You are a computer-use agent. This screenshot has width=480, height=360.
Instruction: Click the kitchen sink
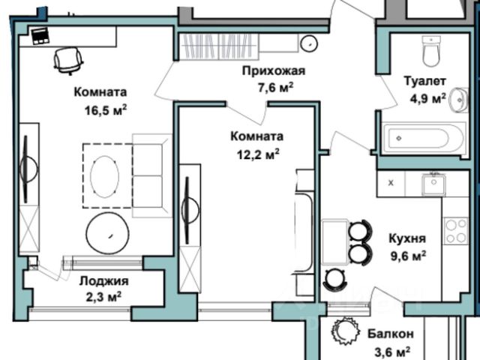coord(433,182)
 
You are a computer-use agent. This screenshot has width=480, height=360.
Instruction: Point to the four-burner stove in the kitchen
coord(455,230)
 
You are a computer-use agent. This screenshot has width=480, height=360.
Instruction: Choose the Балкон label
coord(391,334)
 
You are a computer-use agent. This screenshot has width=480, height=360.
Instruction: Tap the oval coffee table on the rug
coord(104,175)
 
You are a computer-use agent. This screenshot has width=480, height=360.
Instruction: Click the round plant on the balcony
coord(346,331)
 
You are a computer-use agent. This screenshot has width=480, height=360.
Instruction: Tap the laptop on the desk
coord(38,35)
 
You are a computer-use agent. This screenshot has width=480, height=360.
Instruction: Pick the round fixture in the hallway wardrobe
coord(308,43)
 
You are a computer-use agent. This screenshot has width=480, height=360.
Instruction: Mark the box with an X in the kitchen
coord(390,182)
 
